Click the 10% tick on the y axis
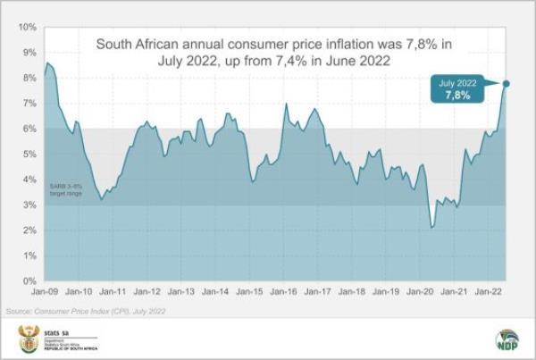coord(25,27)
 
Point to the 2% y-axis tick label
coord(28,230)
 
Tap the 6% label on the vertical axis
coord(28,129)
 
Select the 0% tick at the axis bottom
coord(28,281)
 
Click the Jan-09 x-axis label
coord(46,292)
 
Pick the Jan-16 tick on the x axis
coord(284,292)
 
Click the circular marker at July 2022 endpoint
coord(507,84)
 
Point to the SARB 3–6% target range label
coord(64,188)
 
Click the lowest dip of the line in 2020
coord(432,227)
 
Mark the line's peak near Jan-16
coord(286,105)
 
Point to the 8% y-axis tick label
coord(28,78)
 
